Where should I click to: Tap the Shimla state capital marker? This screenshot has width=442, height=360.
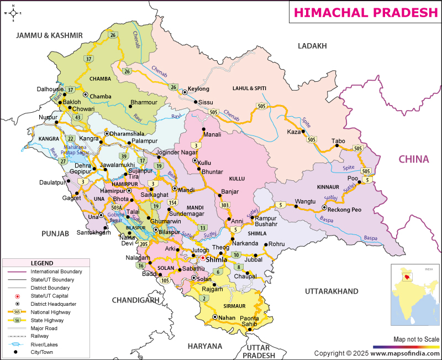click(203, 258)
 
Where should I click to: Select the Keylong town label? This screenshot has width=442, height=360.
click(199, 88)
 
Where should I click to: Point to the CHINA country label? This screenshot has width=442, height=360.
click(414, 159)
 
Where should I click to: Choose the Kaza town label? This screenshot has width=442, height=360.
click(294, 132)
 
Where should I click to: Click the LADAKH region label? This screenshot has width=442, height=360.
click(313, 46)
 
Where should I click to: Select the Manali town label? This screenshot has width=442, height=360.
click(212, 134)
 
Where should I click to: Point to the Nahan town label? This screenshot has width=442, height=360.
click(227, 317)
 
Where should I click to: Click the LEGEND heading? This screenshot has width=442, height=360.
click(42, 263)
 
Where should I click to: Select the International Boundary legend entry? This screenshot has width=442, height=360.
click(56, 272)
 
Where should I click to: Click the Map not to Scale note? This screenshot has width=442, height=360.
click(416, 339)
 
